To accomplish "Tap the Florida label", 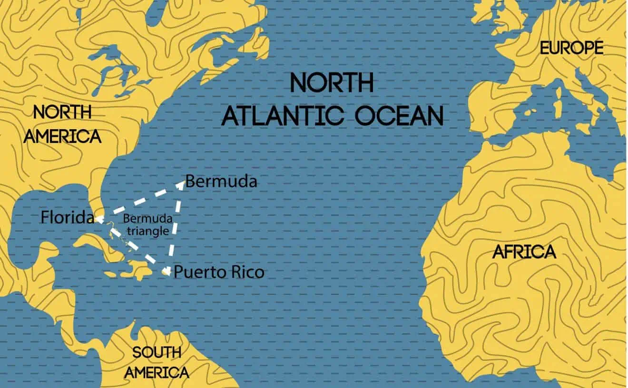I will tap(67, 218).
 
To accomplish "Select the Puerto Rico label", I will tap(219, 272).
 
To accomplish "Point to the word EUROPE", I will tap(571, 48).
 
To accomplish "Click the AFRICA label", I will tap(524, 252).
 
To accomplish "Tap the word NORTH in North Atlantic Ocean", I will tap(332, 83).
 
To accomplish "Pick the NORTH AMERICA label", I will tap(62, 125).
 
